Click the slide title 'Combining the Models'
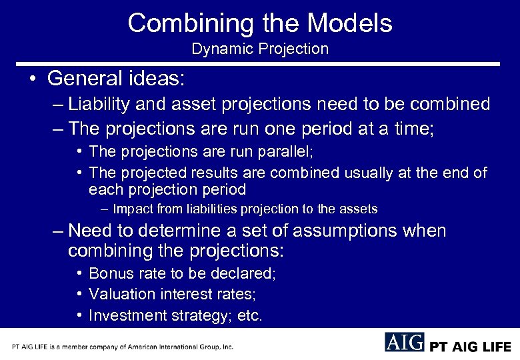coord(260,23)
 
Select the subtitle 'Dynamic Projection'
coord(260,49)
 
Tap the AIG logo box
coord(404,342)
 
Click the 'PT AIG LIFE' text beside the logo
coord(470,346)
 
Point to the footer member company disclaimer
coord(123,347)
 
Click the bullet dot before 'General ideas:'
coord(32,79)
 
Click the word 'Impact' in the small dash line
coord(131,209)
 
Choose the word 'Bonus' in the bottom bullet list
coord(107,273)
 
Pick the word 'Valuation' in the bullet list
coord(117,294)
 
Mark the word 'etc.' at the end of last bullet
coord(250,315)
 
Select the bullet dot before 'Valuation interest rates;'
coord(79,294)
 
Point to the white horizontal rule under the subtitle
coord(260,64)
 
